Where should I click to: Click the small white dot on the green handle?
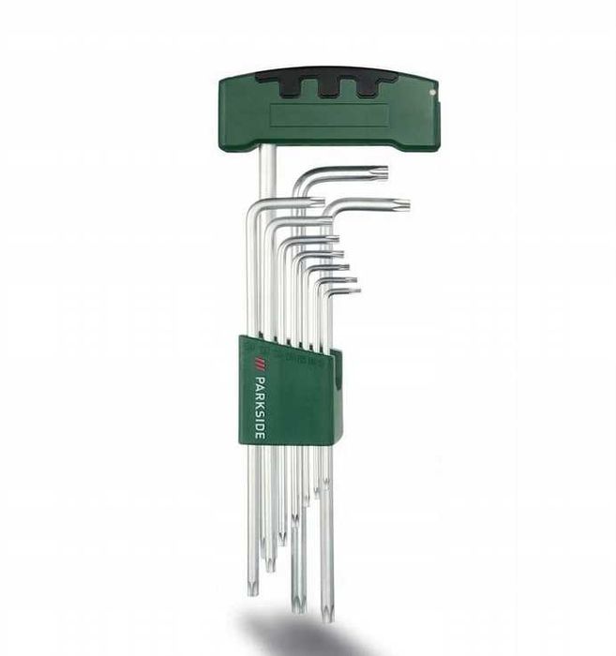tap(432, 91)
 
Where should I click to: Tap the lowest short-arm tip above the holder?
tap(354, 291)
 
